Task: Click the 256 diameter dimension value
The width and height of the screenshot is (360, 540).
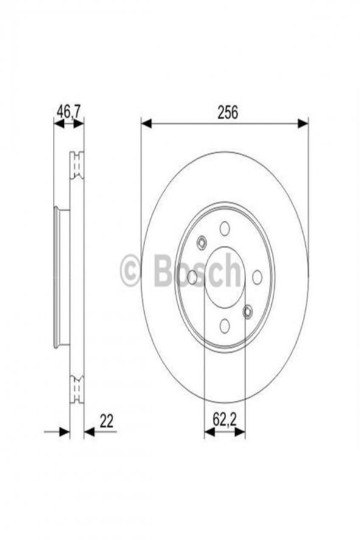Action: [227, 112]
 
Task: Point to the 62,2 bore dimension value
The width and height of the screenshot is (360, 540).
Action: [224, 419]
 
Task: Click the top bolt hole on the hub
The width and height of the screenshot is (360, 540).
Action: [224, 228]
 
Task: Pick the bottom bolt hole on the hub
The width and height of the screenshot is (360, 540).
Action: [224, 326]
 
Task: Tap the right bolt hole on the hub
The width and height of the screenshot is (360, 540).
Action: [257, 277]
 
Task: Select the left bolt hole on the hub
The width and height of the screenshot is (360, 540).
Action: [192, 277]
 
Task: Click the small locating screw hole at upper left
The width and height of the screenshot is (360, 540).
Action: [201, 243]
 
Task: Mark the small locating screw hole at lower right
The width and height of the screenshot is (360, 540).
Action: [247, 312]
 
